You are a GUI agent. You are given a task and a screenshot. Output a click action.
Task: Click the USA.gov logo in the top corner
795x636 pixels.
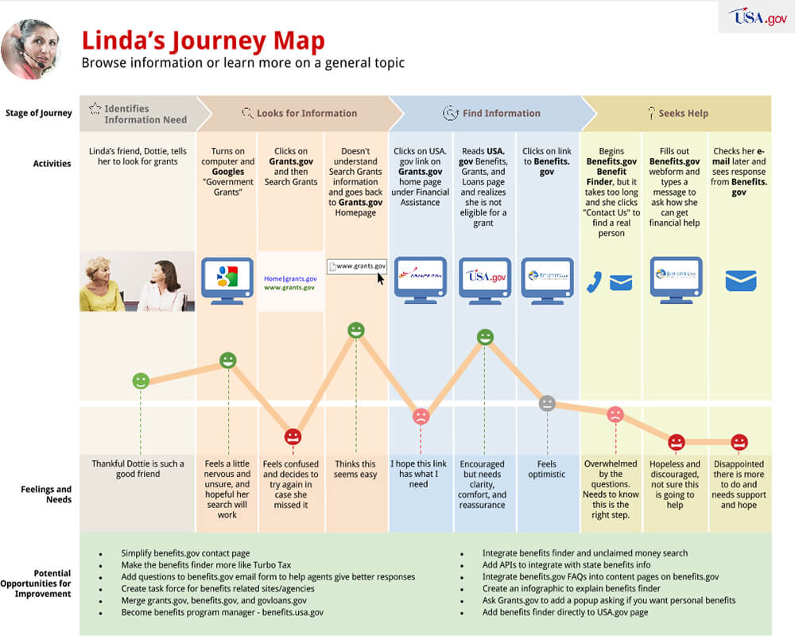click(758, 17)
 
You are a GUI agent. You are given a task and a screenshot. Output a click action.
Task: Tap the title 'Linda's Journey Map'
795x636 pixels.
click(203, 41)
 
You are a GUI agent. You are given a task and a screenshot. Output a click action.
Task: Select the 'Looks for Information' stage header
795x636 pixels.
click(299, 114)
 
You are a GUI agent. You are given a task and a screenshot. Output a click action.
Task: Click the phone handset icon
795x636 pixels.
click(593, 282)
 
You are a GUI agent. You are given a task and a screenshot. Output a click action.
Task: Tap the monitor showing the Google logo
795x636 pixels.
click(227, 278)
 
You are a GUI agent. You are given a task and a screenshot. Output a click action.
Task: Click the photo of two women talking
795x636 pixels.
click(137, 281)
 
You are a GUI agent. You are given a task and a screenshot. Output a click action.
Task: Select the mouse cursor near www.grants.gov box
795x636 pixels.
click(382, 278)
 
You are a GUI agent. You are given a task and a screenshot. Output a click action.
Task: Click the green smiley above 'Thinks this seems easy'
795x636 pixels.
click(356, 330)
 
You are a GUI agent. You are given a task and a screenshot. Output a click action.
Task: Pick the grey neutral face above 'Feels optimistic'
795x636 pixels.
click(547, 403)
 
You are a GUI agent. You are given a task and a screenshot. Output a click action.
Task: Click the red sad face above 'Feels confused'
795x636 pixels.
click(293, 436)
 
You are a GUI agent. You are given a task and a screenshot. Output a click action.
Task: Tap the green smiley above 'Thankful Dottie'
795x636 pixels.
click(141, 381)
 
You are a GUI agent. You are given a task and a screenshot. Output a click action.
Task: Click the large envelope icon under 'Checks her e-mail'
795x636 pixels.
click(739, 281)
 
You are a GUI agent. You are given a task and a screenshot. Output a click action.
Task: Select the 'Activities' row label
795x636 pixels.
click(52, 164)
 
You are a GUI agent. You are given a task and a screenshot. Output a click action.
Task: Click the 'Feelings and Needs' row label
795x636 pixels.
click(46, 494)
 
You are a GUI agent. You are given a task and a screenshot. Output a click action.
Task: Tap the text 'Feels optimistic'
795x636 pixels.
click(547, 469)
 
